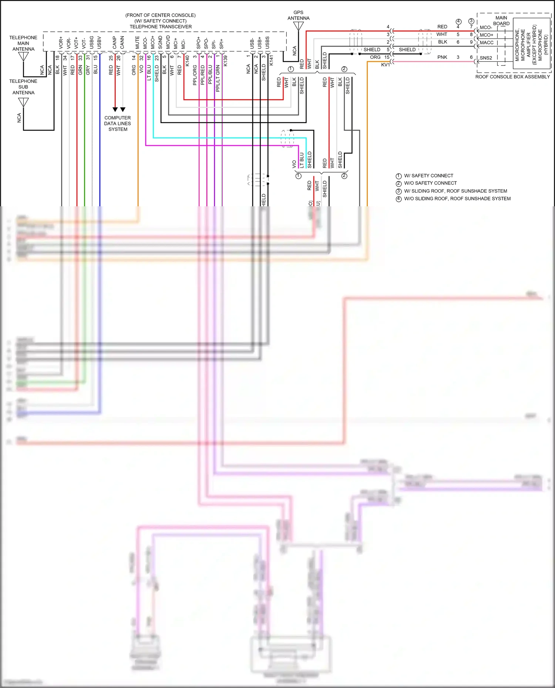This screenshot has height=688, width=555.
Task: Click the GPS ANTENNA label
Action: click(x=298, y=15)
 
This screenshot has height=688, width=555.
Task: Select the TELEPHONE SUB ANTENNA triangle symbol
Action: click(x=23, y=102)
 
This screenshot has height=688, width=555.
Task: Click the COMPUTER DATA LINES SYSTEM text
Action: click(x=118, y=123)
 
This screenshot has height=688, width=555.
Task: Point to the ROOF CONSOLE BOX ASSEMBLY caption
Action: click(x=512, y=77)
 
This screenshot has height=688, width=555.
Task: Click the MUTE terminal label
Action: click(x=138, y=42)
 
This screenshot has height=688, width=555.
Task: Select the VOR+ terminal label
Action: click(x=61, y=43)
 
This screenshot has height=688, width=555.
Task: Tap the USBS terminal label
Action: click(x=268, y=43)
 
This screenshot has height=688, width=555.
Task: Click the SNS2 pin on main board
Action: click(x=486, y=58)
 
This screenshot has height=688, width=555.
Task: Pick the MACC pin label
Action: click(x=487, y=43)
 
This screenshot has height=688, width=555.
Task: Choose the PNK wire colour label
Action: click(x=442, y=57)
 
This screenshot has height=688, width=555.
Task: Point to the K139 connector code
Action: click(x=225, y=61)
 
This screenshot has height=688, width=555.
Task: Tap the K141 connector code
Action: click(x=271, y=61)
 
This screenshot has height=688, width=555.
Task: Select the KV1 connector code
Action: click(x=385, y=65)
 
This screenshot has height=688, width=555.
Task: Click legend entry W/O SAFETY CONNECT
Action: click(x=430, y=183)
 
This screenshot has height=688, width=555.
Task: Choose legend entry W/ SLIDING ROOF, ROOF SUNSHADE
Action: click(x=455, y=191)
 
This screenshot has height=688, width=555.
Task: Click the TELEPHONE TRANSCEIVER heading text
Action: click(x=161, y=27)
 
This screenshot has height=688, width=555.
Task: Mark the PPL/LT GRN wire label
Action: click(x=218, y=78)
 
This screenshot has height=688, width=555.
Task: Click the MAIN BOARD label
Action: click(x=501, y=21)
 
